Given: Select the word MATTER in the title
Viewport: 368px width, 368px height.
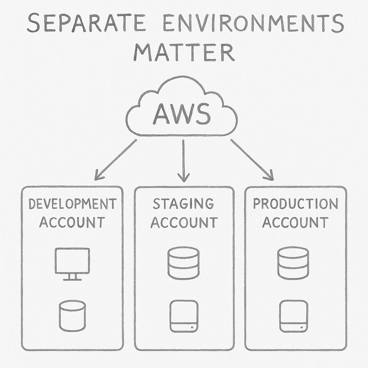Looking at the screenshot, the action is [x=184, y=53].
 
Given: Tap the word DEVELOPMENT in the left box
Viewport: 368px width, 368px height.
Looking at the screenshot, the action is [x=72, y=204].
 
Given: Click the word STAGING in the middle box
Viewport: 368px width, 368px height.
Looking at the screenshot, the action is [x=183, y=204].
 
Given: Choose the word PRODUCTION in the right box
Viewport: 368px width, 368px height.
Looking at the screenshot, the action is [x=295, y=204].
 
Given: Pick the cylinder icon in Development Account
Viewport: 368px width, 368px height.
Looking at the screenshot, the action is [x=72, y=316].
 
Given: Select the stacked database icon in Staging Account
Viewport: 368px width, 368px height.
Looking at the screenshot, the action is [x=183, y=262].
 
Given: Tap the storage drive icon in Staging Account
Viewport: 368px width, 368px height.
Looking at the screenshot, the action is [x=184, y=316].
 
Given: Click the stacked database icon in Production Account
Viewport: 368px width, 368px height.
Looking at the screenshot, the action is [x=293, y=262].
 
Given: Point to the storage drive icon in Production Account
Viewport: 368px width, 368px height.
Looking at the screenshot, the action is [x=294, y=316].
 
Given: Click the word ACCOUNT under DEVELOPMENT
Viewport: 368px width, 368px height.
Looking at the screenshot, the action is [x=72, y=222].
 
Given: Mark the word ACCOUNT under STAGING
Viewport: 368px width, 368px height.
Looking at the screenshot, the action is [x=184, y=222].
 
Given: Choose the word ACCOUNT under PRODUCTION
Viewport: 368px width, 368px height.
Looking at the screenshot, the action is [x=295, y=222].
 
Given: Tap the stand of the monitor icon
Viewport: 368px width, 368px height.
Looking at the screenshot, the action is [x=72, y=278].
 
